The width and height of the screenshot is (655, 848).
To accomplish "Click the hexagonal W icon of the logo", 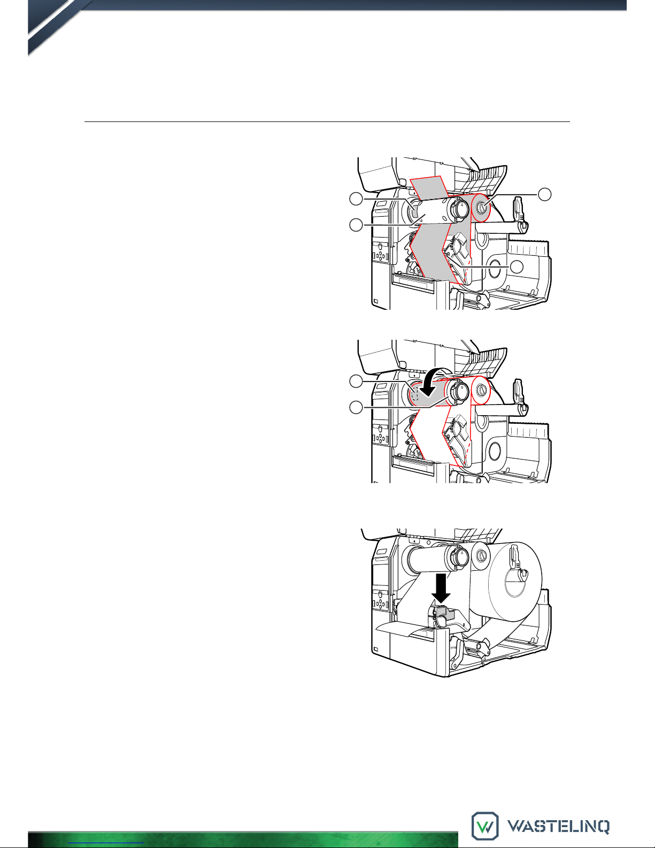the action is tap(485, 826).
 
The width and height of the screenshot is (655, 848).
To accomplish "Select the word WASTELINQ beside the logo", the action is tap(558, 826).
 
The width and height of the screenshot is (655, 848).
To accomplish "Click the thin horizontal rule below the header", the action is tap(327, 122).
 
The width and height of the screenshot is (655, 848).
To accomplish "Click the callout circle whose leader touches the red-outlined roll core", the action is tap(545, 194).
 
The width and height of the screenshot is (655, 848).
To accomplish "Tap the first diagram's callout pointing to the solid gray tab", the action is tap(356, 199).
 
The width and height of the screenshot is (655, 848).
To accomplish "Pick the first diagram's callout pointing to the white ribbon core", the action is tap(356, 225).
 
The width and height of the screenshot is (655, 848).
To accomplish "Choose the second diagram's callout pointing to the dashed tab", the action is tap(356, 381).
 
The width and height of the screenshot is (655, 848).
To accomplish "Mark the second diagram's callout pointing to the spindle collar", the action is tap(356, 408).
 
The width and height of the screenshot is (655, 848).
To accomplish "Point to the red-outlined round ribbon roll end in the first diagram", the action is tap(481, 208).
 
